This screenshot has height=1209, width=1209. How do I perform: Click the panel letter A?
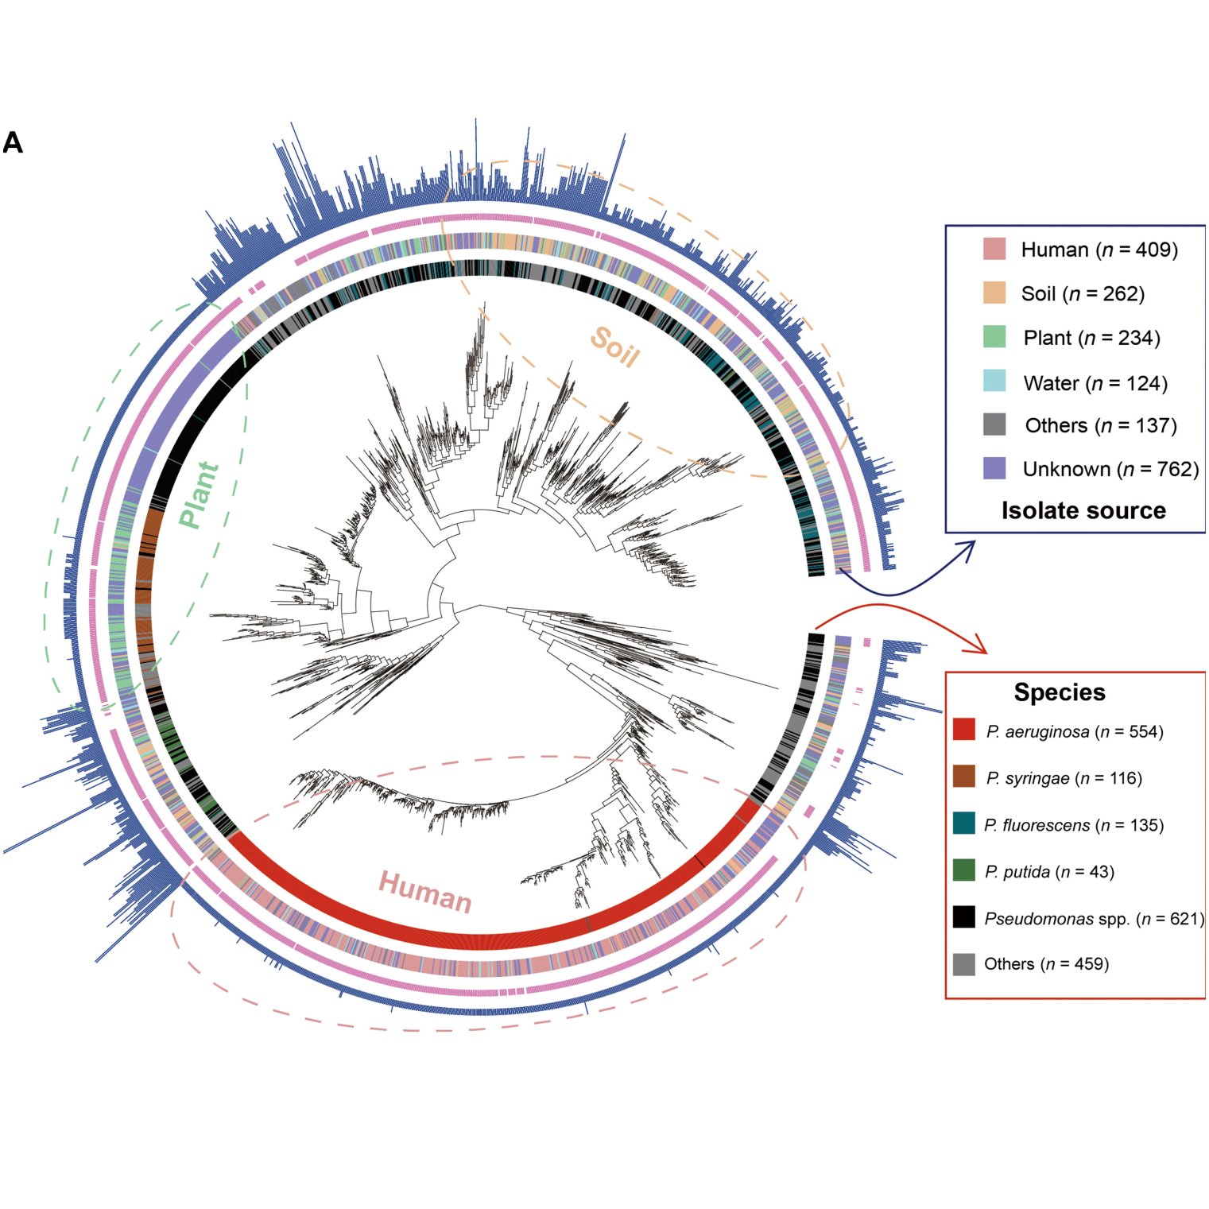(x=13, y=143)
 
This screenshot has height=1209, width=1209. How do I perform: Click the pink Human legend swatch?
(x=994, y=249)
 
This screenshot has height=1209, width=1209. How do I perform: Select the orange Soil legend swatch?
(x=994, y=293)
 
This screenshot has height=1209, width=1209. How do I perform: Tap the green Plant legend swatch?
(x=994, y=336)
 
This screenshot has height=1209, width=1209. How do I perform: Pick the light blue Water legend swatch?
(x=994, y=381)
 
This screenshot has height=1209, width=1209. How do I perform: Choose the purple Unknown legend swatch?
(x=994, y=468)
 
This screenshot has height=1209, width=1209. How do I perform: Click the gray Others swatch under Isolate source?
(x=994, y=424)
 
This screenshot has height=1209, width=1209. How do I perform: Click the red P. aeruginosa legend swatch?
(x=963, y=729)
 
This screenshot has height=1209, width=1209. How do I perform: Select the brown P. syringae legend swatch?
(x=963, y=776)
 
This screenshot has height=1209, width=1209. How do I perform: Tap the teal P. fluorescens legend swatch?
(x=963, y=823)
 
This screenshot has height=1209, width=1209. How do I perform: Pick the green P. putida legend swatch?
(x=963, y=870)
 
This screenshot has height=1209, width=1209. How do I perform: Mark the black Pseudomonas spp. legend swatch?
(x=963, y=916)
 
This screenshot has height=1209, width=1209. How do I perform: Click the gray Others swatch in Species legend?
(x=963, y=963)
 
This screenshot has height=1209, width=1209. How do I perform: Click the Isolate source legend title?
(x=1083, y=510)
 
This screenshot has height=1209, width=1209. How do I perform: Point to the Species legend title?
(x=1059, y=692)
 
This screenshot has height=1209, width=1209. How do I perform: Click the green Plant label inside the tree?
(x=198, y=494)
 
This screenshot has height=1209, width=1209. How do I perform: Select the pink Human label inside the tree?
(x=425, y=892)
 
